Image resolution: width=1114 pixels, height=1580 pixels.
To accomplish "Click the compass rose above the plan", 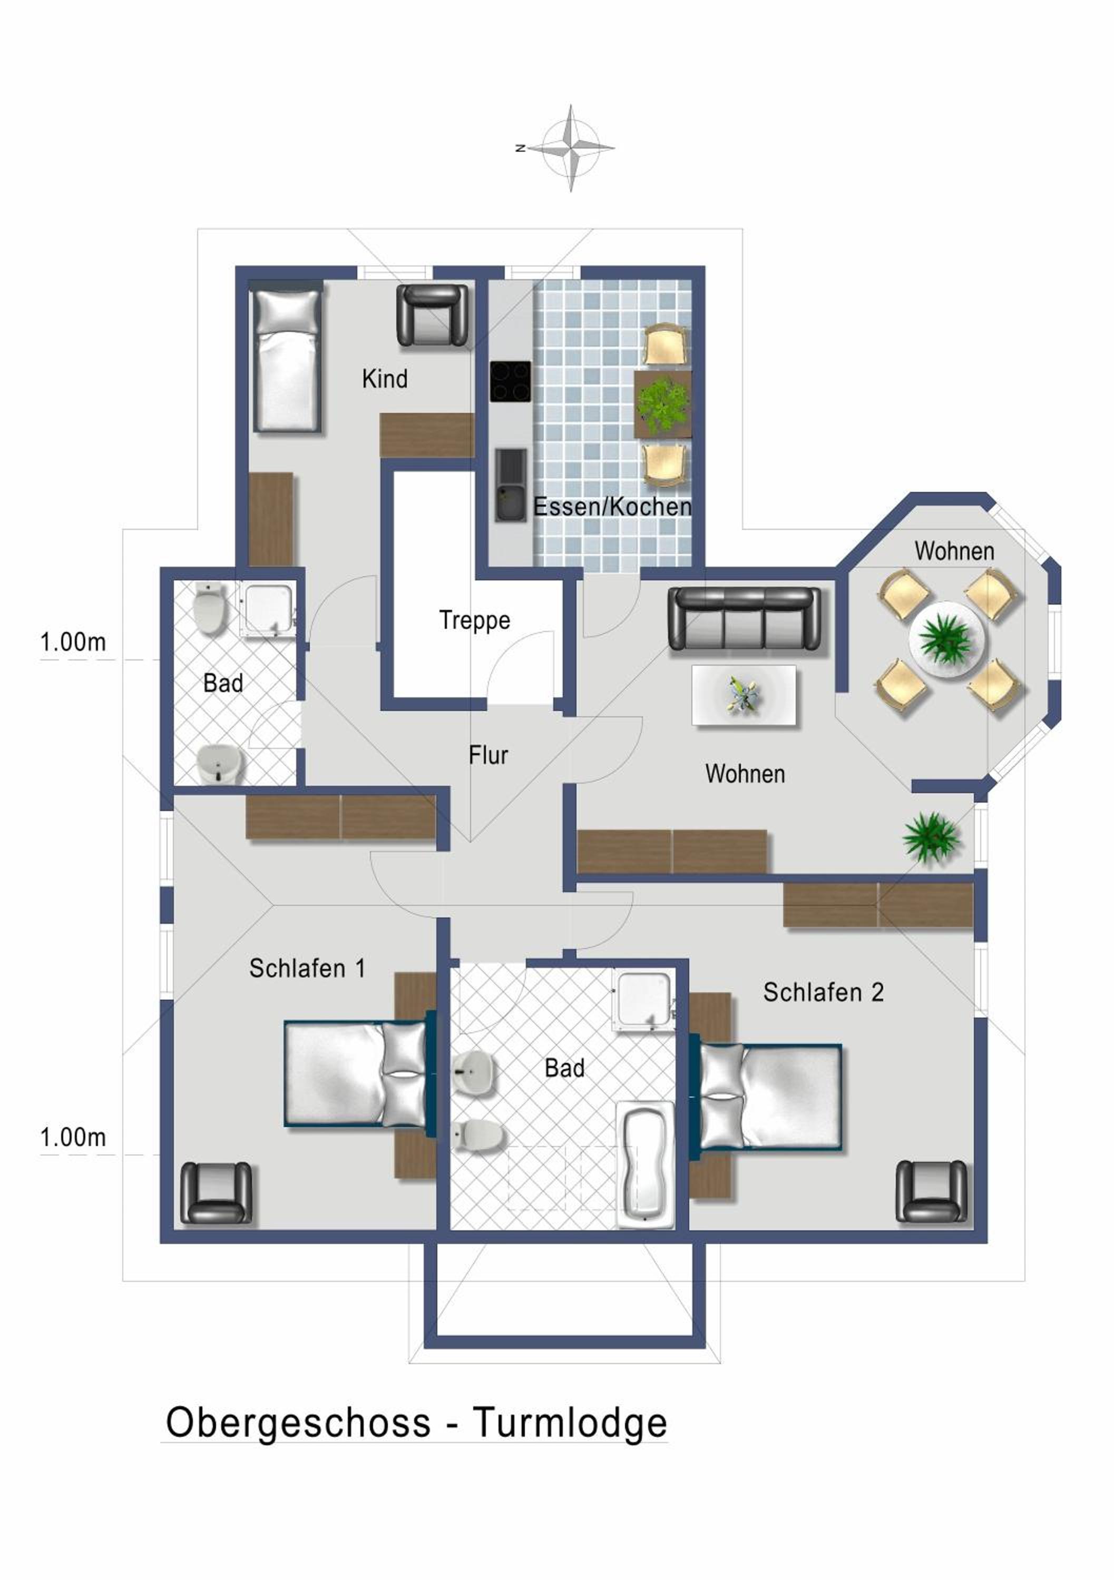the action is [x=571, y=147].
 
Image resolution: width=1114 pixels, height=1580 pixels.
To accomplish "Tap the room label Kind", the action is [x=385, y=379].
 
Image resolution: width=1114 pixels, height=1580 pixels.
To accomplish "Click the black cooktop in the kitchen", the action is [x=511, y=381].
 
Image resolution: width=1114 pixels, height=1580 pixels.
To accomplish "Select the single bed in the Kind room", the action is [x=287, y=356].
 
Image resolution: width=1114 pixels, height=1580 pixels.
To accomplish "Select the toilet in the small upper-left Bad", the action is [x=209, y=610].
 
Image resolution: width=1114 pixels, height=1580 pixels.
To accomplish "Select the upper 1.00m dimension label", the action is [x=73, y=642].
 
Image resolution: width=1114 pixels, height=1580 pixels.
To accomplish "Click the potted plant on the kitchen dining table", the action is [x=662, y=404].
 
